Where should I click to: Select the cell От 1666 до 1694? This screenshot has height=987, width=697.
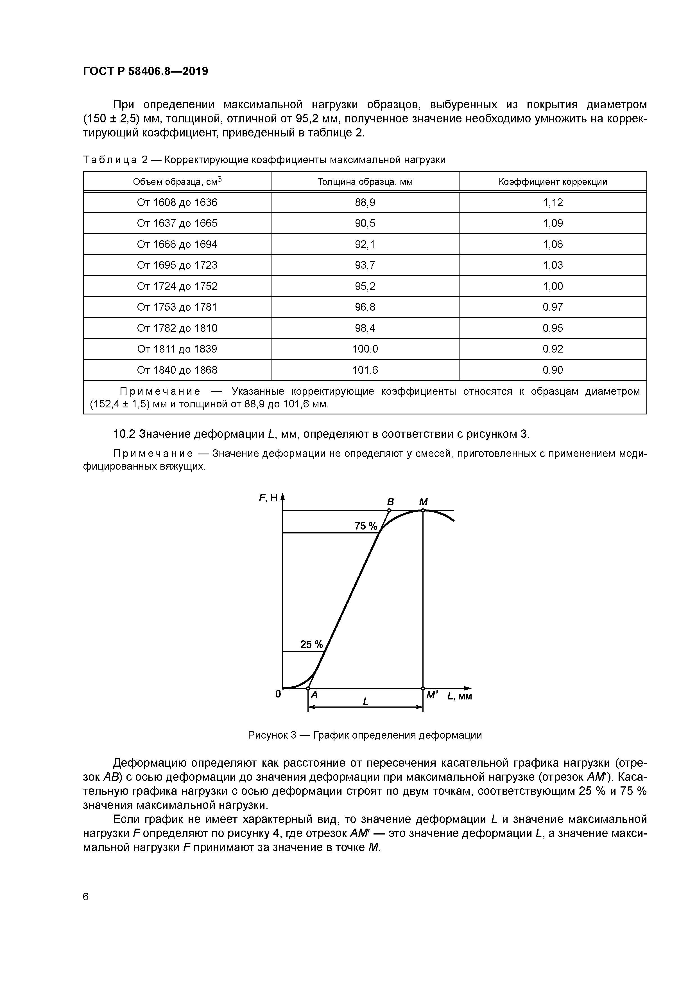tap(177, 244)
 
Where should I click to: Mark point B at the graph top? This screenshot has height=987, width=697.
tap(389, 511)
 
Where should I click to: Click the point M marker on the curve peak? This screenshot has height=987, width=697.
tap(423, 510)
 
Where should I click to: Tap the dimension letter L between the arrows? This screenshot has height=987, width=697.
tap(365, 701)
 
